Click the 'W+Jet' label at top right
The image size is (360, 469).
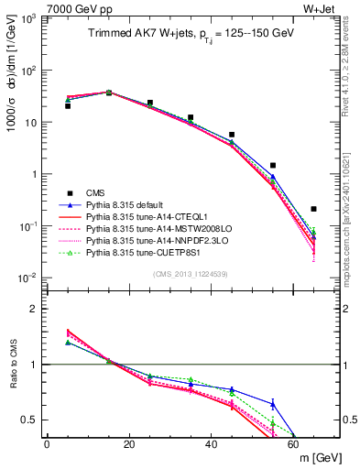pos(322,6)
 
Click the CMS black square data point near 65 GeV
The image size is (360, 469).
pos(314,209)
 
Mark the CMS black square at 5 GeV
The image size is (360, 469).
pos(68,105)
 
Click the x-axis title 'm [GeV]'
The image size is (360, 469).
pos(311,458)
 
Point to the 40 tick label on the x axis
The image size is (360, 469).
pos(211,444)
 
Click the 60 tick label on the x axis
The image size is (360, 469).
pos(293,444)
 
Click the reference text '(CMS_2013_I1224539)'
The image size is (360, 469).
pos(191,273)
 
